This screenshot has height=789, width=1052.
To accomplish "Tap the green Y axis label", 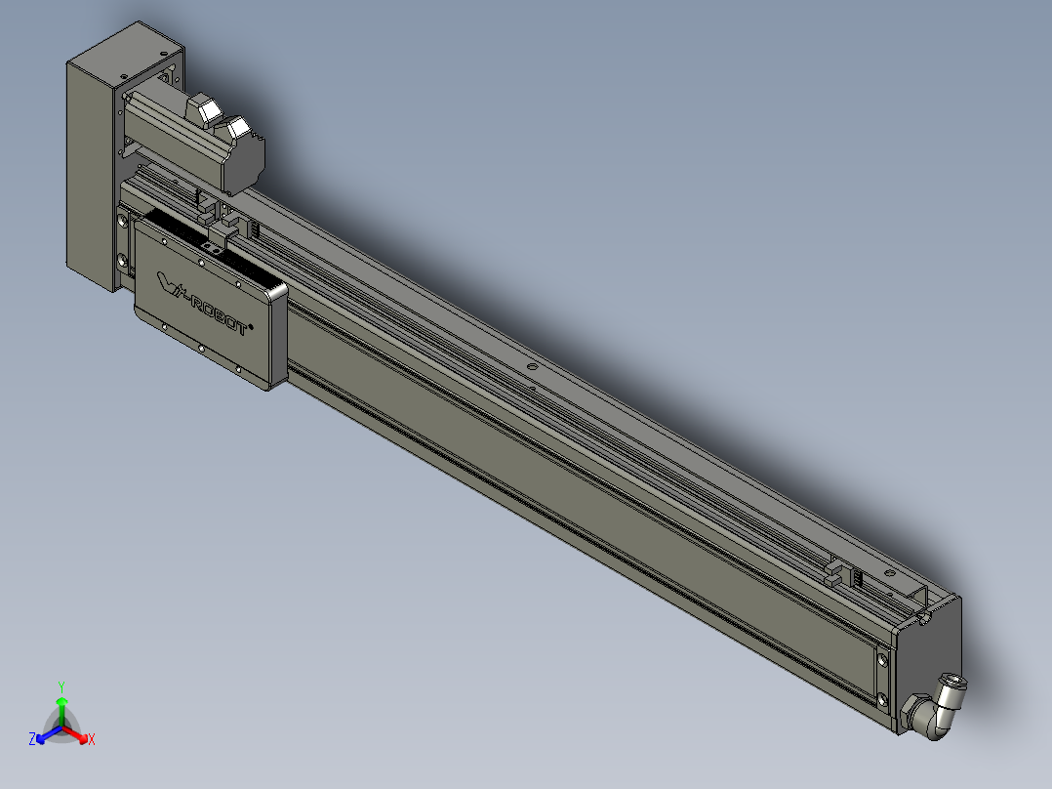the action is (x=61, y=686).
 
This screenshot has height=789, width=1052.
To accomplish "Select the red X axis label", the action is (x=92, y=739).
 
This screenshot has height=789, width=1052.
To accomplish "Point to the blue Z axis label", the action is (x=32, y=738).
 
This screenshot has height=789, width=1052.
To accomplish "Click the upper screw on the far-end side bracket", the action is (x=882, y=660).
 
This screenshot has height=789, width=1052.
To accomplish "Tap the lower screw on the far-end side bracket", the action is (x=882, y=701).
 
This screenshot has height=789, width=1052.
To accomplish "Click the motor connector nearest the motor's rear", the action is (x=236, y=128).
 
